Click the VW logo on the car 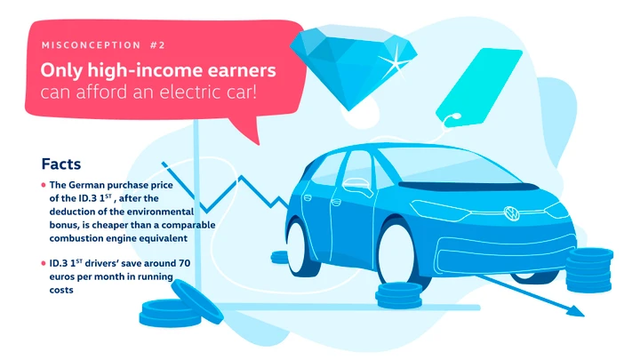[511, 213]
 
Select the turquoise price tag [478, 87]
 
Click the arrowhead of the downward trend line [575, 311]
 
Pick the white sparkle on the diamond [395, 61]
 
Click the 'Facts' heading [61, 164]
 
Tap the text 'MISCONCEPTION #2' [103, 45]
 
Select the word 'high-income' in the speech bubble [145, 70]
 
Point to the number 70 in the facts [184, 263]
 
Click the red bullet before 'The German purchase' [44, 185]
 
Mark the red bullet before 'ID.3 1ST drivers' [44, 263]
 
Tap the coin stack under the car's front [399, 295]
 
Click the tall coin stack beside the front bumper [589, 270]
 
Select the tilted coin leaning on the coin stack [197, 301]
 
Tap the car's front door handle [336, 202]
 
